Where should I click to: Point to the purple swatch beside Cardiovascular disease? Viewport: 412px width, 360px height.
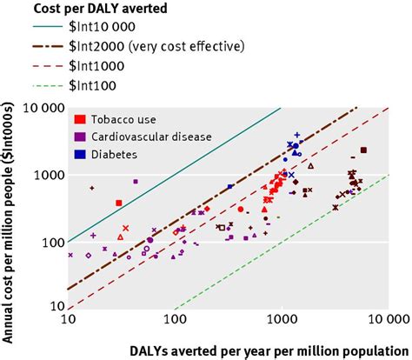point(79,137)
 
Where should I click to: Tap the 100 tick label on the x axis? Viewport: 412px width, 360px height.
point(175,321)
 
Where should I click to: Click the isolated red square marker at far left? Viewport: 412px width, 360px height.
point(119,203)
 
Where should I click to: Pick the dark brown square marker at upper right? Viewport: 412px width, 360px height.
point(363,150)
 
